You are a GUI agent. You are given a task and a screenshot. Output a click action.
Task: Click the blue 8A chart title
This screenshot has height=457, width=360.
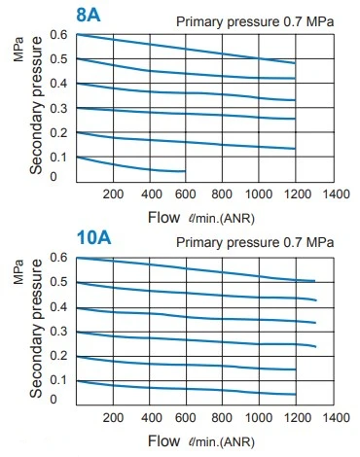(89, 15)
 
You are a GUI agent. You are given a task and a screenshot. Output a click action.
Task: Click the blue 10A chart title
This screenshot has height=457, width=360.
(93, 237)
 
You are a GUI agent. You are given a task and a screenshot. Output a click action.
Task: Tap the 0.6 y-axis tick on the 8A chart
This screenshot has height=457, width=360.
(58, 34)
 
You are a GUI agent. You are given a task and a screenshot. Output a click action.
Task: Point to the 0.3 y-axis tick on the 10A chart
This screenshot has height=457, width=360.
(58, 332)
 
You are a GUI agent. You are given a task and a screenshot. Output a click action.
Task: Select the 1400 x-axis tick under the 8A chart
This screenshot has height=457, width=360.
(336, 193)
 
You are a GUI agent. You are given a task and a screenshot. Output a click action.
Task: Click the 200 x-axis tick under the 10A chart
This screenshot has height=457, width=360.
(113, 417)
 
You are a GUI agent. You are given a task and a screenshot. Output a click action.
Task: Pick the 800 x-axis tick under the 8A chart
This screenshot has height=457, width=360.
(222, 193)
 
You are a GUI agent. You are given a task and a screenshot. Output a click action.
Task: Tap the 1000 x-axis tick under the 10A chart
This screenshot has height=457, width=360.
(259, 417)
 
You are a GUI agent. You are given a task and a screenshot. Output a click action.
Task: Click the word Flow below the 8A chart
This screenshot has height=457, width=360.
(163, 217)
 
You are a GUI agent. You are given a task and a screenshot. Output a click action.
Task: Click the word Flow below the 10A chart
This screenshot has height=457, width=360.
(163, 440)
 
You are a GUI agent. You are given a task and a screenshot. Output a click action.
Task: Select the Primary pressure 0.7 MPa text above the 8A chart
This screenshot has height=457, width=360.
(255, 22)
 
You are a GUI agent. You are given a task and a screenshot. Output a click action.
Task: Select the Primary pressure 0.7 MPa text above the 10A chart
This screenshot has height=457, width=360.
(255, 242)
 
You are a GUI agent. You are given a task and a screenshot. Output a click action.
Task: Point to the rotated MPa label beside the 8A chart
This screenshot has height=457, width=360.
(18, 50)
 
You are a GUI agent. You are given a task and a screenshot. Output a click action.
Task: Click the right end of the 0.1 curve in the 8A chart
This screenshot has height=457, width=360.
(185, 171)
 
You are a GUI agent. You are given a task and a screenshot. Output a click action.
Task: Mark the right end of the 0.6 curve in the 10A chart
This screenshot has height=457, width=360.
(314, 281)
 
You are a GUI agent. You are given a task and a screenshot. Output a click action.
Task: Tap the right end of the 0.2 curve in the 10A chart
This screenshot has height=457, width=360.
(296, 369)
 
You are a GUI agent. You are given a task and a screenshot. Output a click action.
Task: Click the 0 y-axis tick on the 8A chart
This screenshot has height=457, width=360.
(54, 177)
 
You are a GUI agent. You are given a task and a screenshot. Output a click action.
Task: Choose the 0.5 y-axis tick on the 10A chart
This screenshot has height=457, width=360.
(58, 282)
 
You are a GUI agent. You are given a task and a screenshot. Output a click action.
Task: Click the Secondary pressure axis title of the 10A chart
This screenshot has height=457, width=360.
(36, 329)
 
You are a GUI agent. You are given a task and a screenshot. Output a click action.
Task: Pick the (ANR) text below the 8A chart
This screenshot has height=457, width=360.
(237, 219)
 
